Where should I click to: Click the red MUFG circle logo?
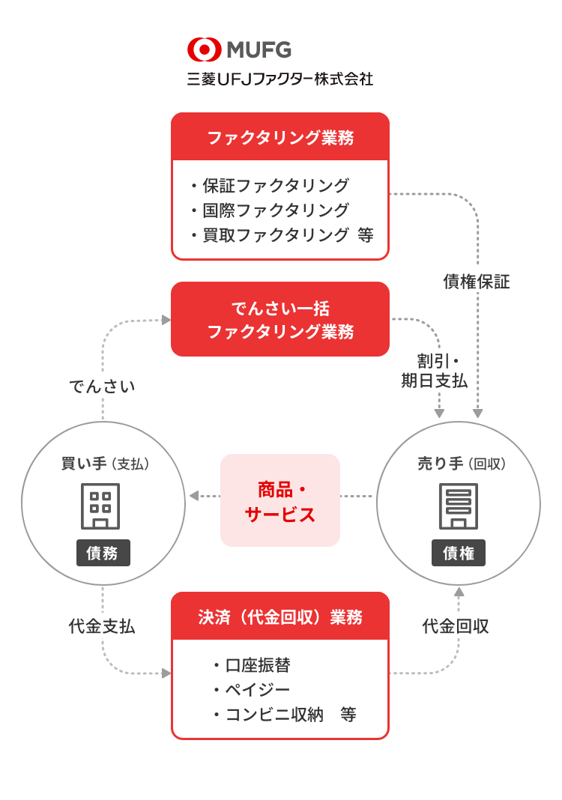[x=204, y=50]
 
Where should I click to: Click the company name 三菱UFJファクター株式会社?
[x=280, y=79]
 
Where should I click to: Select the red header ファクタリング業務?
[x=280, y=137]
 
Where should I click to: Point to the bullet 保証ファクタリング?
[x=270, y=185]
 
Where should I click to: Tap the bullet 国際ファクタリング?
[x=270, y=210]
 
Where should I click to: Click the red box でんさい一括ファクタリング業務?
[x=280, y=319]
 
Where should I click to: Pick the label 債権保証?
[x=477, y=281]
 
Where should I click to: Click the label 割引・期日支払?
[x=434, y=371]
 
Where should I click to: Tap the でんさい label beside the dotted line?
[x=102, y=387]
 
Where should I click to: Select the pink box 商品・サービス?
[x=280, y=500]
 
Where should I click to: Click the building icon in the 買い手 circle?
[x=100, y=506]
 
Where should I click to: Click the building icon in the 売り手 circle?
[x=459, y=506]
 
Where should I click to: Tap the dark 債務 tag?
[x=103, y=553]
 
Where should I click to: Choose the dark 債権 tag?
[x=459, y=553]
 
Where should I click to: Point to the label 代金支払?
[x=102, y=626]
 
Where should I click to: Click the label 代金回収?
[x=456, y=626]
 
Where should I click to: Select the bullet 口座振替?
[x=253, y=665]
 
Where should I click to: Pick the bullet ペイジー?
[x=253, y=690]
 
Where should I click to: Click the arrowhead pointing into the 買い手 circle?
[x=194, y=496]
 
